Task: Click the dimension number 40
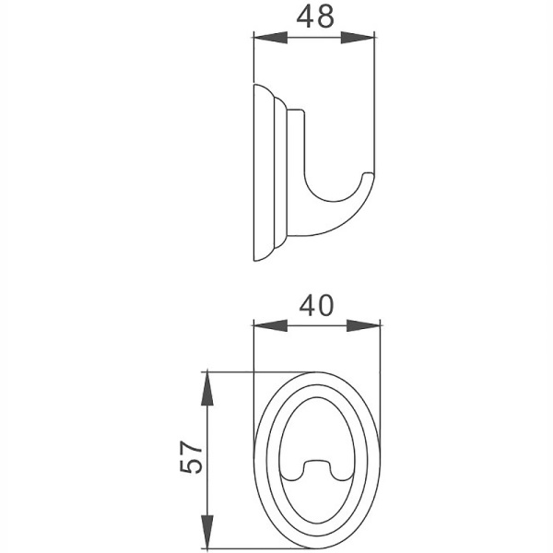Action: pos(316,305)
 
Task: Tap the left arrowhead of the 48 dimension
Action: pos(264,38)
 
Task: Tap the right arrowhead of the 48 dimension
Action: pos(365,38)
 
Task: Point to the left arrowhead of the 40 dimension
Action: pos(265,325)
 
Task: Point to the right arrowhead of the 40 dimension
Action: pos(371,325)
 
